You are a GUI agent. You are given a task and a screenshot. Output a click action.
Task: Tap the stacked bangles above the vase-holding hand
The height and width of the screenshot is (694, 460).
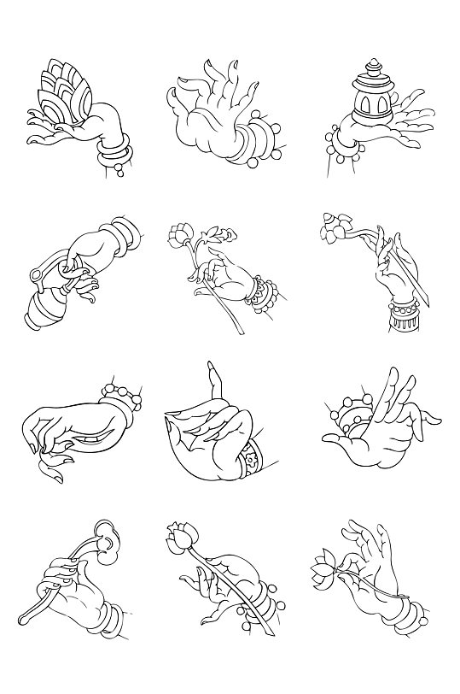click(x=123, y=232)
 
